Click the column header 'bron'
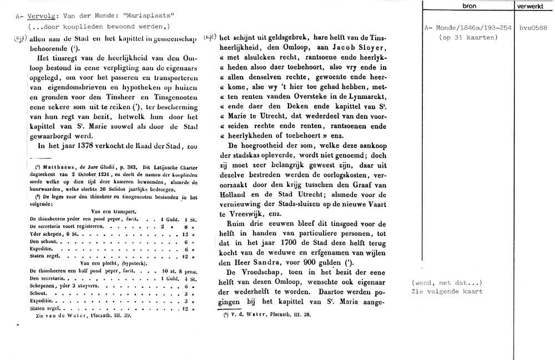point(468,6)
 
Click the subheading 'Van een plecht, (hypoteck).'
point(114,263)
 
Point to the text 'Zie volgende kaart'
point(447,291)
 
